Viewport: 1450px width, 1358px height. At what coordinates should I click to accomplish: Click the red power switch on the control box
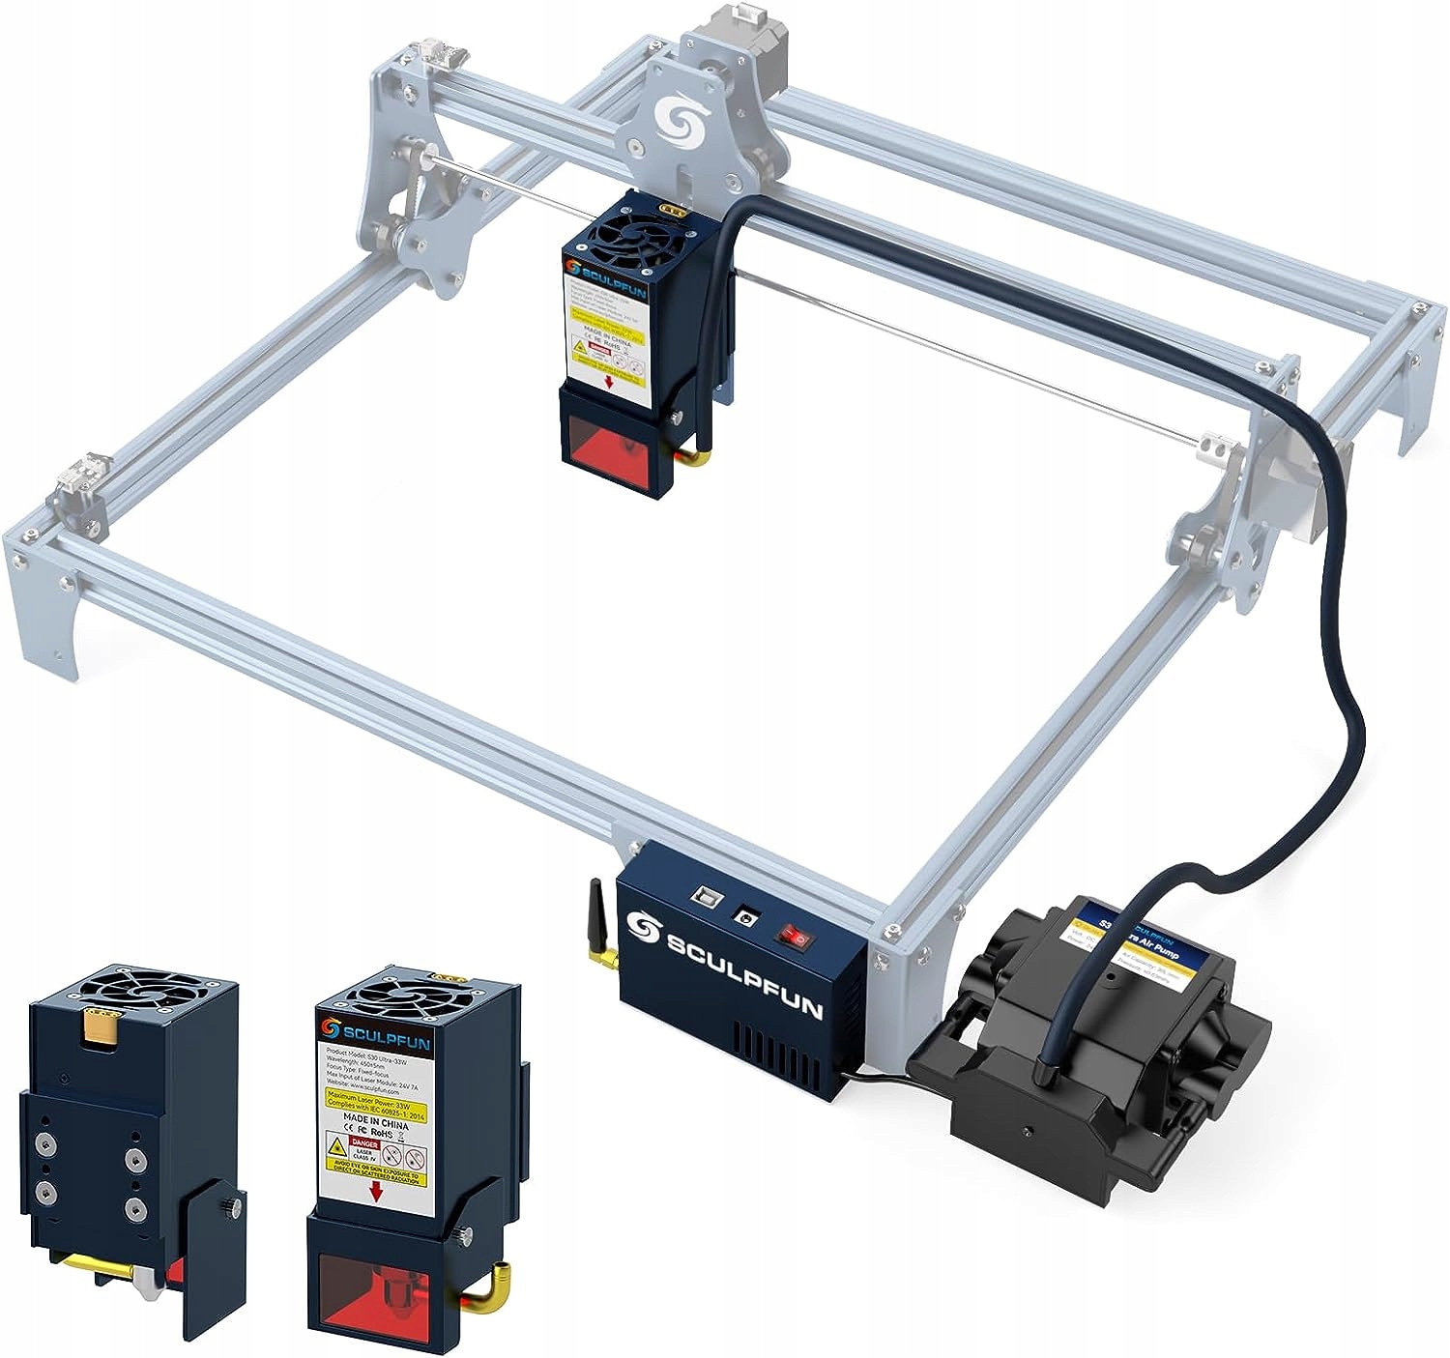[x=797, y=936]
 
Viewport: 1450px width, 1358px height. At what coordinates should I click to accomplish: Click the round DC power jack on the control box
[x=747, y=914]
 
